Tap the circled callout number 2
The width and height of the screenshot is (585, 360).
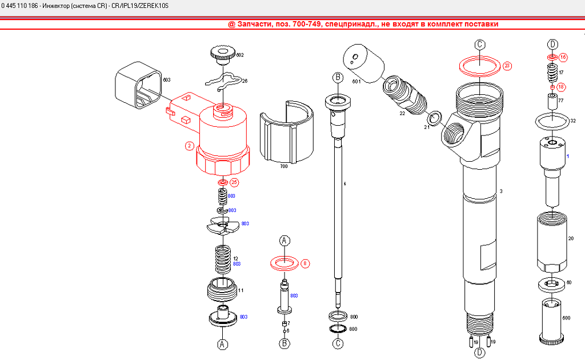coord(189,146)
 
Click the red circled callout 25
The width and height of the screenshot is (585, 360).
coord(234,182)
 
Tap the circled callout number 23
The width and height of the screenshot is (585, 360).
coord(507,65)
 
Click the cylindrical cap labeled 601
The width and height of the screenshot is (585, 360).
coord(363,63)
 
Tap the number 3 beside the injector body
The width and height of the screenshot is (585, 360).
coord(500,191)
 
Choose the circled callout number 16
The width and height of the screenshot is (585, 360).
coord(563,57)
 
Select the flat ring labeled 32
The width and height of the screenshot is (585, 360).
coord(552,121)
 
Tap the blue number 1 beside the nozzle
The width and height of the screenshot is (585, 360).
coord(567,156)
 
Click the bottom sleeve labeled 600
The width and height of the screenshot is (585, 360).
coord(552,320)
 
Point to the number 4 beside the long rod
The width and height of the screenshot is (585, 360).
coord(344,184)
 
